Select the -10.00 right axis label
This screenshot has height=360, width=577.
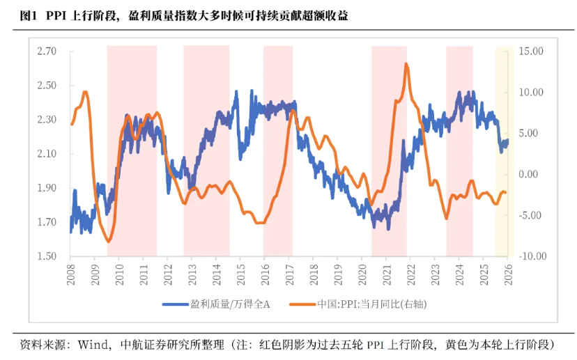[531, 256]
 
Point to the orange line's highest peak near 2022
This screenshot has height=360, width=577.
[406, 64]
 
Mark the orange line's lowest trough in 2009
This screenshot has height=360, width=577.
[108, 241]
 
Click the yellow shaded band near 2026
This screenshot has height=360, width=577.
[504, 153]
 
